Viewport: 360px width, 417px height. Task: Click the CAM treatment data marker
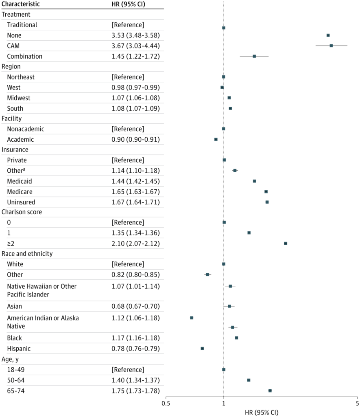pos(331,46)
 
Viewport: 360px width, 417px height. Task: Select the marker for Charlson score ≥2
pos(286,243)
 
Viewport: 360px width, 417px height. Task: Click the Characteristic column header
pos(21,4)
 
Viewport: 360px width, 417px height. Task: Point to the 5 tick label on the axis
pos(357,404)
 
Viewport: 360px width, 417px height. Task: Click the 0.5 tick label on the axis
pos(166,404)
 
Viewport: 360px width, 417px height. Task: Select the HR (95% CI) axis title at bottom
pos(262,412)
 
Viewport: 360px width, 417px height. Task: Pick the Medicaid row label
pos(19,181)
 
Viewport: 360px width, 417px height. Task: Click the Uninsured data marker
pos(267,202)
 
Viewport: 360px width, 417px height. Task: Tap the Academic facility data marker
pos(216,139)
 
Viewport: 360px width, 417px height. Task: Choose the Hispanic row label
pos(19,349)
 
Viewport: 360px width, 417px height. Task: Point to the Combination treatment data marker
pos(254,56)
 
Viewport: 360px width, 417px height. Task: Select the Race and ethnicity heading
pos(27,254)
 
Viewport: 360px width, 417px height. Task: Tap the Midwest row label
pos(18,98)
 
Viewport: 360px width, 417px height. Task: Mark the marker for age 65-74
pos(270,391)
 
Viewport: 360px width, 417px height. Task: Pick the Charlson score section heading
pos(22,212)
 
